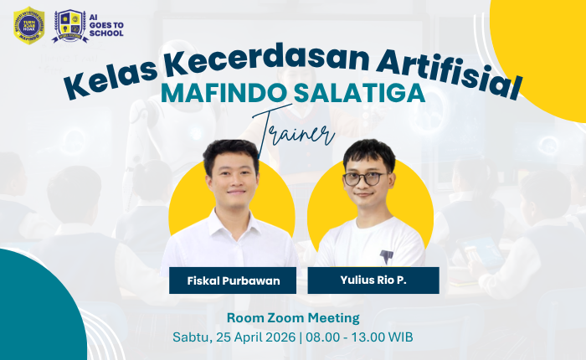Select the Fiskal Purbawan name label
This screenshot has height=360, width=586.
point(233,280)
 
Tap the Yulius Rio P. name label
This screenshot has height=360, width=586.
point(373,280)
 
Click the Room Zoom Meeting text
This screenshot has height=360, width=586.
point(293,318)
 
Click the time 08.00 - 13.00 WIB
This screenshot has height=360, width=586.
point(360,337)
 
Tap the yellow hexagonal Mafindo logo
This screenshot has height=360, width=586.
point(29,25)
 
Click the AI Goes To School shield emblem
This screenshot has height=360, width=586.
point(69,25)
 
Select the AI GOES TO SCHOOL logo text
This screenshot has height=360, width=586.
point(105,25)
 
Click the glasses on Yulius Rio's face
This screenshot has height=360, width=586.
point(365,178)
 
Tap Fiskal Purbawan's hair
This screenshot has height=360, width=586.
point(230,151)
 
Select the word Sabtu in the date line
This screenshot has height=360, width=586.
point(191,337)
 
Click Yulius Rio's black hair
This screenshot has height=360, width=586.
point(369,152)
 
